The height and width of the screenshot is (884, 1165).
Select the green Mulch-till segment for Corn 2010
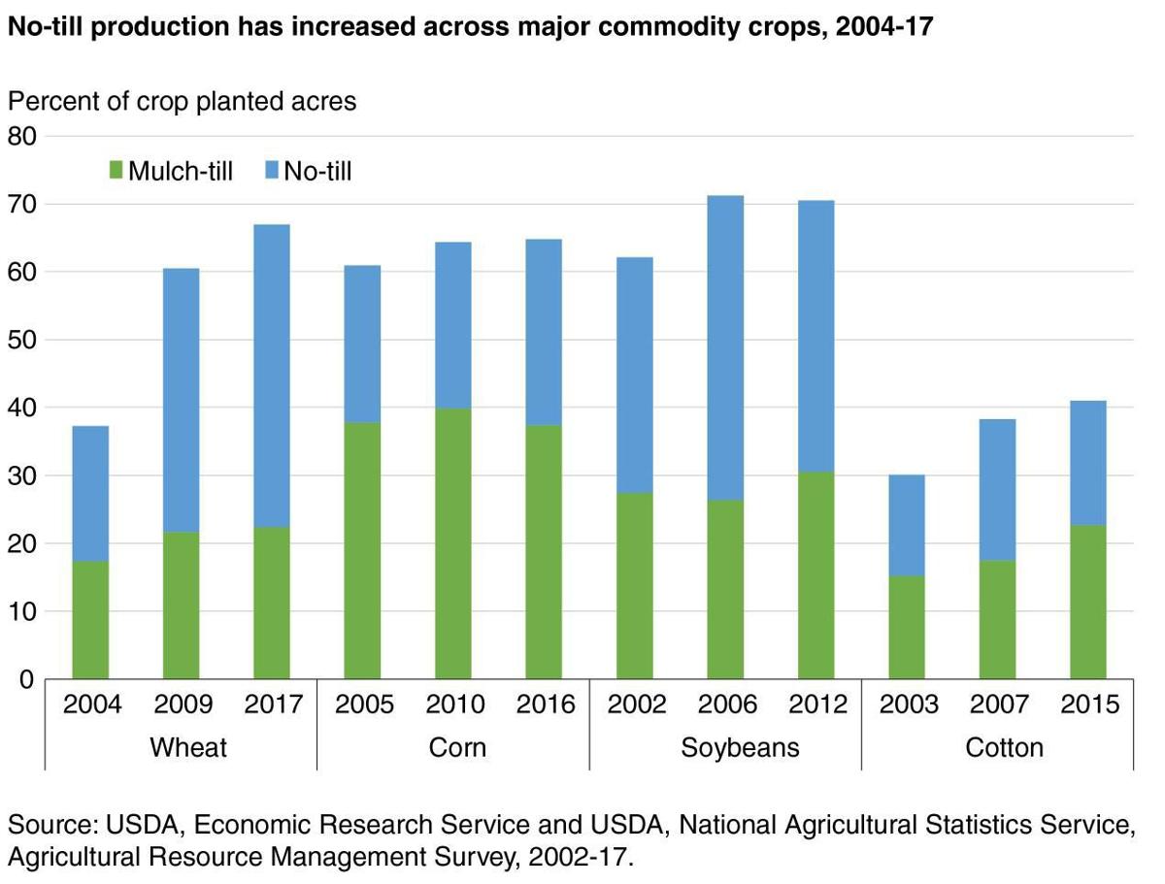[452, 543]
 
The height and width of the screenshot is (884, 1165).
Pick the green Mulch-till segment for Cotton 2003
[907, 627]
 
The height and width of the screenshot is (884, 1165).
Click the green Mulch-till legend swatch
[116, 172]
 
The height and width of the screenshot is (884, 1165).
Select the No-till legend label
[317, 172]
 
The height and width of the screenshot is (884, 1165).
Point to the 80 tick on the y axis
[22, 136]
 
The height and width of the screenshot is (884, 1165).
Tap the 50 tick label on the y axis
[22, 341]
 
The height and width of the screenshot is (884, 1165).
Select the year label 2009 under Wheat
[183, 704]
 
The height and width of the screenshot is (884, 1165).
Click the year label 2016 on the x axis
[545, 704]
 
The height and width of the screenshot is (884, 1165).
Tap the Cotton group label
[1004, 747]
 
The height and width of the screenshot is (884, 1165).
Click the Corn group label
[456, 747]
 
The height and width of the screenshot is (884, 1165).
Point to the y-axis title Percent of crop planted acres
[183, 100]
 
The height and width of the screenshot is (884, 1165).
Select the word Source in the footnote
[48, 826]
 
